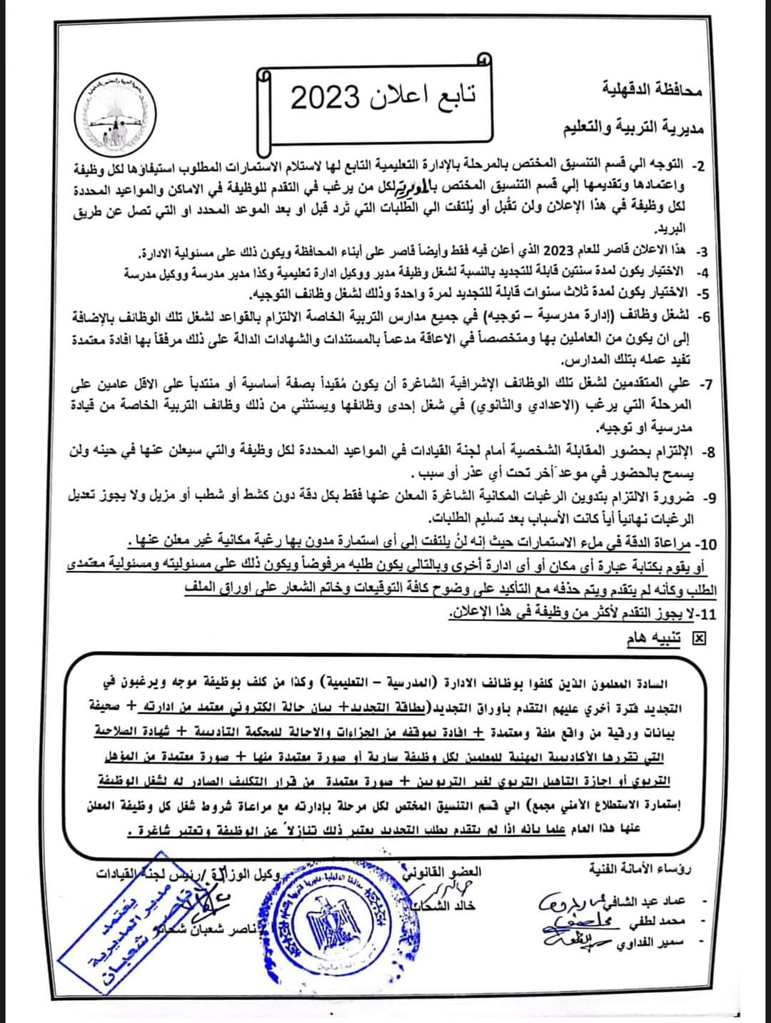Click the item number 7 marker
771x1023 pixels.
pos(705,385)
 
